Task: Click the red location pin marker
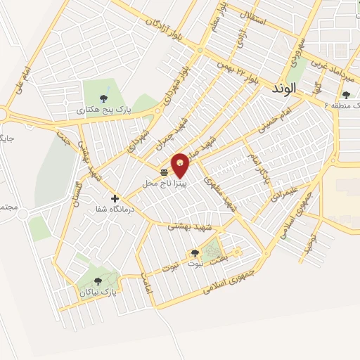[181, 165]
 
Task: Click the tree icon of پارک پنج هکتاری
[104, 98]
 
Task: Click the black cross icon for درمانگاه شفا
[115, 198]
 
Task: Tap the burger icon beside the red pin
[164, 172]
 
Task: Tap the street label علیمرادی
[289, 183]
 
